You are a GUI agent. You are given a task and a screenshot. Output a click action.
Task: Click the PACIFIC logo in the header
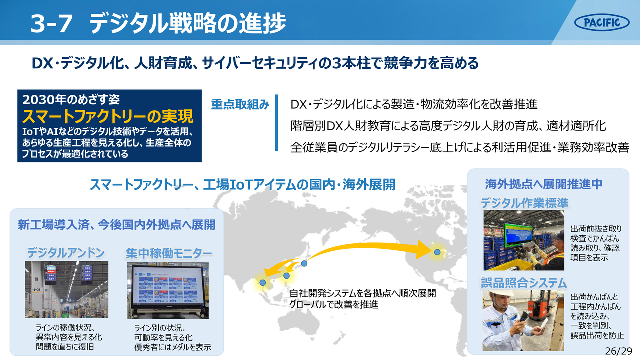(x=601, y=22)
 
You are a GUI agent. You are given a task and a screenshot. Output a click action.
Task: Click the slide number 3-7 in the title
(x=51, y=24)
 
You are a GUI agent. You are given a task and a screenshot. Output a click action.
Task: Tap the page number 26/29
(x=619, y=351)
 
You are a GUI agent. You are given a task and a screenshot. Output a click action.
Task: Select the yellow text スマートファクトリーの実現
(x=108, y=116)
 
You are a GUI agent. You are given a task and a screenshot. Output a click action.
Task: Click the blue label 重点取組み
(x=240, y=105)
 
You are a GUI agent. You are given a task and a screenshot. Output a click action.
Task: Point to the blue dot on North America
(x=437, y=252)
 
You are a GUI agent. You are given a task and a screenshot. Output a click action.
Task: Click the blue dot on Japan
(x=304, y=263)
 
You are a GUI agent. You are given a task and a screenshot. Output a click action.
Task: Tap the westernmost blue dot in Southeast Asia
(x=263, y=283)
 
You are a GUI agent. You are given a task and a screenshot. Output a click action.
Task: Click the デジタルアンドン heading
(x=66, y=253)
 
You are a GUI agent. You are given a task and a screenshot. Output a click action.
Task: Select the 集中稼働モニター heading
(x=169, y=253)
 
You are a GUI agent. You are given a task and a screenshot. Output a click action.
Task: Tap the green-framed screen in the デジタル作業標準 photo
(x=519, y=235)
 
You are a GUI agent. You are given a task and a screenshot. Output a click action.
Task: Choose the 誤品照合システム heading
(x=524, y=283)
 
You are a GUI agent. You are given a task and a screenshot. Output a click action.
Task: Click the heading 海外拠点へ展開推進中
(x=543, y=184)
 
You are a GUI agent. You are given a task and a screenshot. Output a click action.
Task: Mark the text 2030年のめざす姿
(x=71, y=99)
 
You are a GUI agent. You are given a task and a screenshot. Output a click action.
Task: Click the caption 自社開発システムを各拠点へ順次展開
(x=363, y=293)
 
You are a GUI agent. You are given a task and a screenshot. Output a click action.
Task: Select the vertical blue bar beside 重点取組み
(x=276, y=123)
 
